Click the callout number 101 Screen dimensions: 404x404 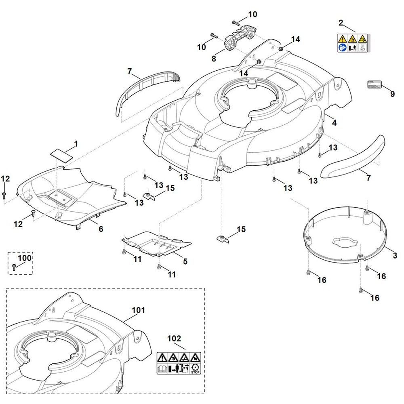pyautogui.click(x=138, y=310)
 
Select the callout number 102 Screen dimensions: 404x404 pyautogui.click(x=174, y=338)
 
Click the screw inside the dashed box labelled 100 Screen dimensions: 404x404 pyautogui.click(x=14, y=267)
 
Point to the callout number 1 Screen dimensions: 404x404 pyautogui.click(x=76, y=143)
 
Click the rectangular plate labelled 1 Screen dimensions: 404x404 pyautogui.click(x=61, y=155)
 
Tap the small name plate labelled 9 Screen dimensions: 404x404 pyautogui.click(x=374, y=84)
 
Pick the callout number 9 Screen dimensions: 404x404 pyautogui.click(x=392, y=94)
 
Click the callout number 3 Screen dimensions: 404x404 pyautogui.click(x=395, y=255)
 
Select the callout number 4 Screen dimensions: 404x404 pyautogui.click(x=334, y=122)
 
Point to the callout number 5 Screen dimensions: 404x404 pyautogui.click(x=185, y=261)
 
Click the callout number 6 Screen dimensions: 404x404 pyautogui.click(x=101, y=229)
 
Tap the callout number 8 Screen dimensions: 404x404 pyautogui.click(x=214, y=59)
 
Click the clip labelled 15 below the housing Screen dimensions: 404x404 pyautogui.click(x=223, y=239)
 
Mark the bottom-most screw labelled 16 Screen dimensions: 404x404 pyautogui.click(x=360, y=290)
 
